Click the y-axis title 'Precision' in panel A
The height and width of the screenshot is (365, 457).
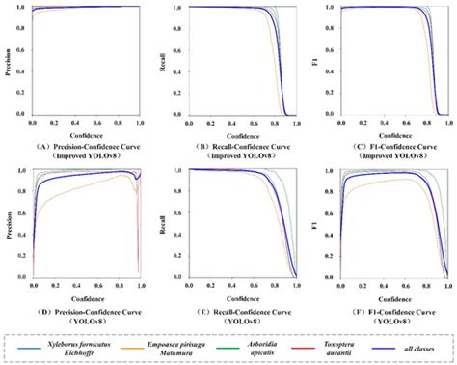coord(11,61)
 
